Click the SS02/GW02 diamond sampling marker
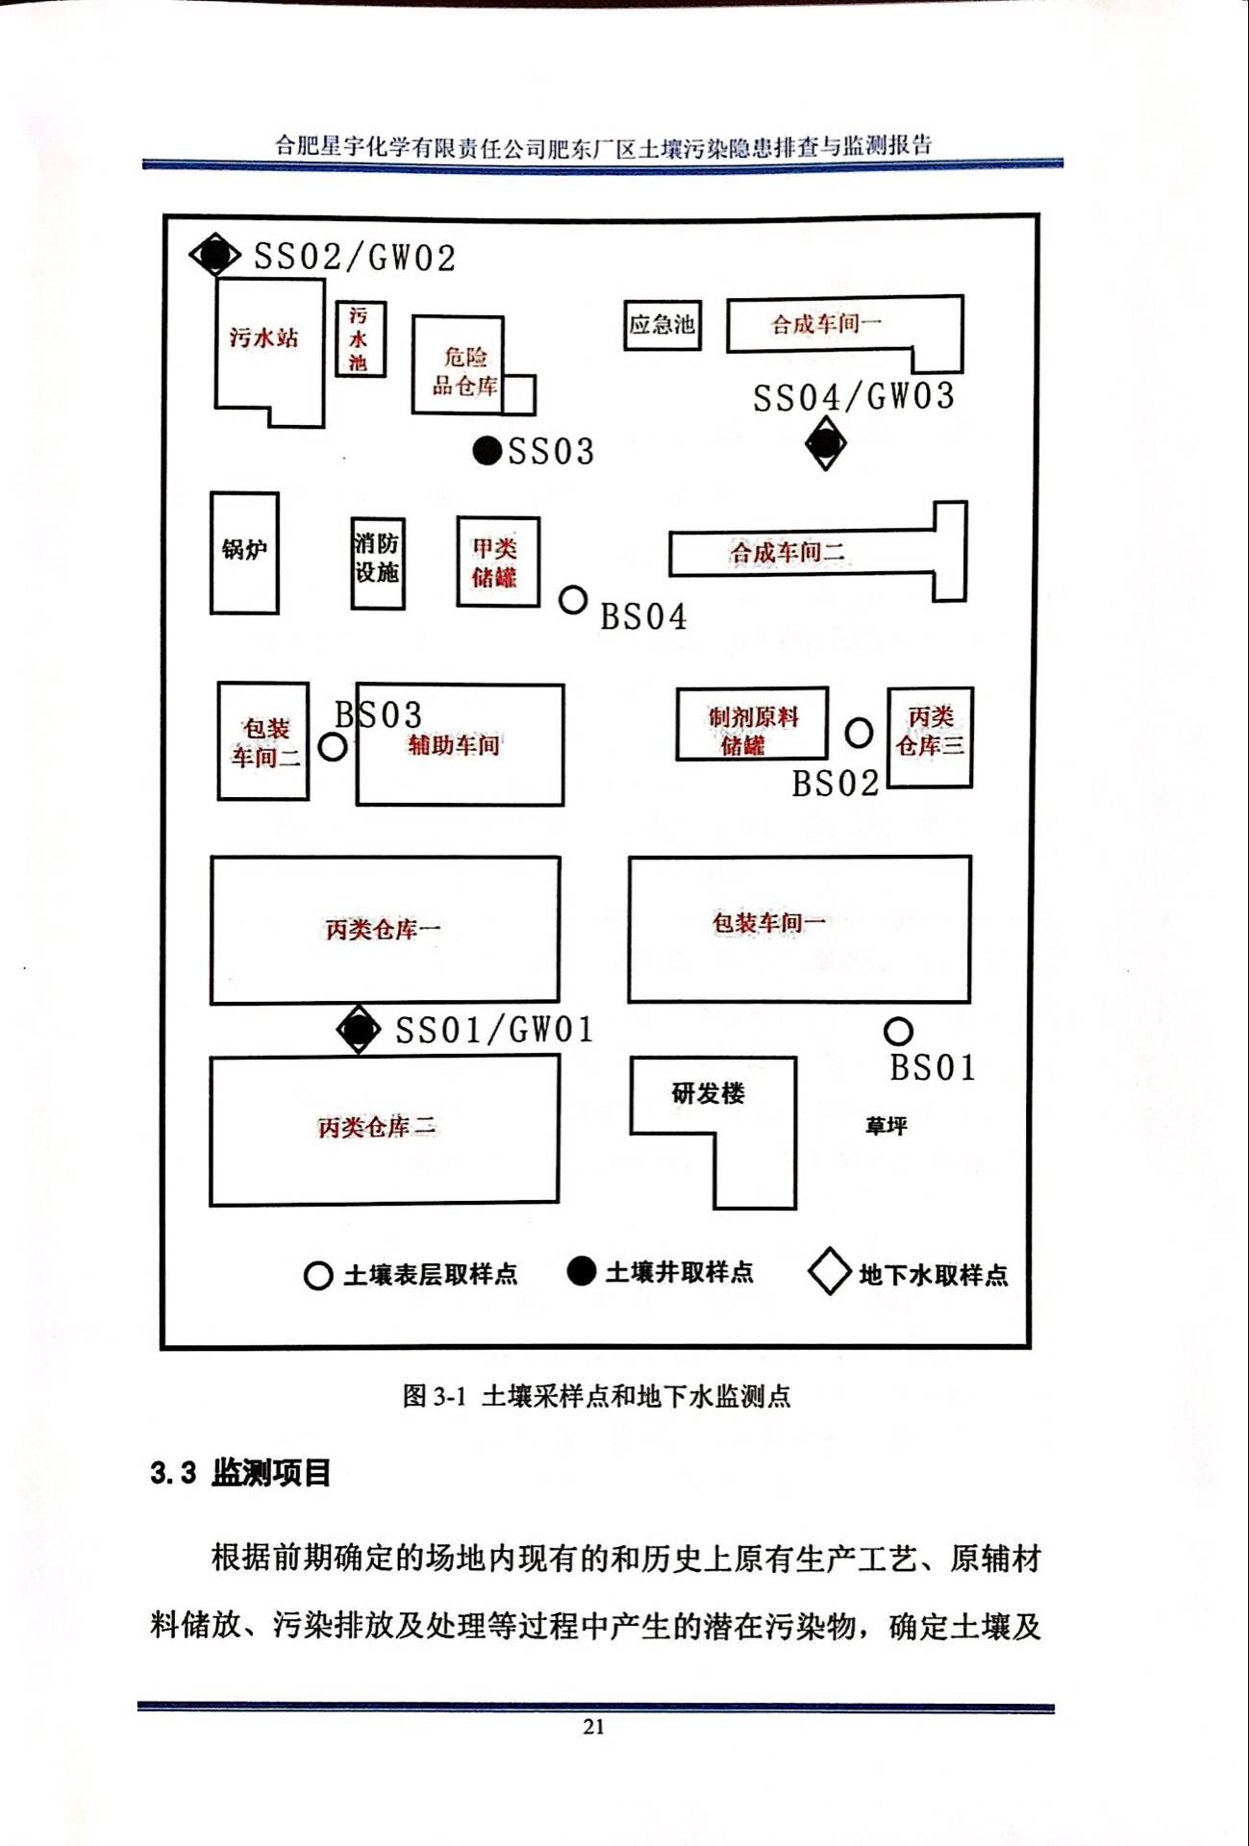click(214, 255)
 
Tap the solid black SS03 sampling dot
click(487, 450)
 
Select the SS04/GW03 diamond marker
click(825, 444)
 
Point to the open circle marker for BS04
click(573, 600)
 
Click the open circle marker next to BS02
click(859, 733)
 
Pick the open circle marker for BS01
click(898, 1032)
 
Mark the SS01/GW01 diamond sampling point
click(359, 1030)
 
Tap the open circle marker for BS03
click(333, 747)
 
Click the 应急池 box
click(662, 324)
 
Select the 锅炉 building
click(244, 552)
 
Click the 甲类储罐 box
click(497, 561)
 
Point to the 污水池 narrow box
click(359, 338)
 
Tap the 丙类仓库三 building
click(930, 736)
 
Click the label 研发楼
click(708, 1092)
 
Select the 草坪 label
click(886, 1125)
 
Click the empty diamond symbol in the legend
click(829, 1272)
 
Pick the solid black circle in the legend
click(581, 1271)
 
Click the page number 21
click(593, 1727)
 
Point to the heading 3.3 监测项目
click(240, 1472)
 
